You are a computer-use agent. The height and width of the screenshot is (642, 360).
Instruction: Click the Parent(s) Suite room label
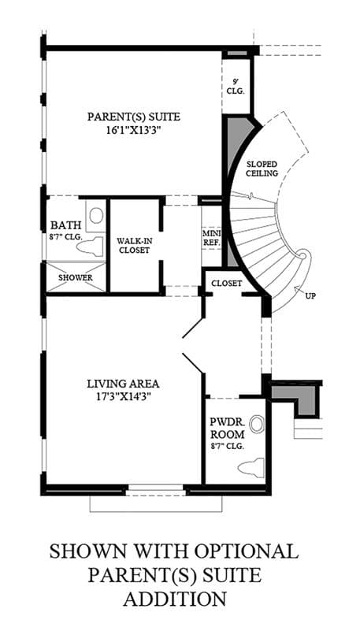point(133,117)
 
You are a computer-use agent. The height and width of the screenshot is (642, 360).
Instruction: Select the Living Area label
point(123,384)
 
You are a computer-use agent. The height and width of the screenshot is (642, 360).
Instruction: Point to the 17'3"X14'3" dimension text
point(123,396)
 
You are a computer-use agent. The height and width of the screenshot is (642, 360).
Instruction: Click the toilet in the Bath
point(90,247)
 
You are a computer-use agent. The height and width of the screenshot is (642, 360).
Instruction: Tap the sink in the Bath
point(96,216)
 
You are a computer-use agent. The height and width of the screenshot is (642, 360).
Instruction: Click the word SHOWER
point(76,277)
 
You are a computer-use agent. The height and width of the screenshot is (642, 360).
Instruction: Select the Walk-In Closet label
point(133,245)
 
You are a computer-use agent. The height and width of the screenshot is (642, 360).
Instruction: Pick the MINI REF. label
point(212,237)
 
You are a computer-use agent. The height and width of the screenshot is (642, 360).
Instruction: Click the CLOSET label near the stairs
point(227,283)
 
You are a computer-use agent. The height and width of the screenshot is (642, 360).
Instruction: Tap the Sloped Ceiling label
point(262,169)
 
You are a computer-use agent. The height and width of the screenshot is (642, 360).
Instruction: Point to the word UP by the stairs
point(311,296)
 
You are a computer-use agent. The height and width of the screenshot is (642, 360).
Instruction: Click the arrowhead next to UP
point(296,289)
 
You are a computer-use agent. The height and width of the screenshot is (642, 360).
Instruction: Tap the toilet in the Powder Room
point(252,468)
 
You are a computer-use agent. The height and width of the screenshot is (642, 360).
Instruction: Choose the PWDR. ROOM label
point(228,429)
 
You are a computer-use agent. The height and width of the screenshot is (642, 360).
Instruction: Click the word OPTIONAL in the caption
point(246,551)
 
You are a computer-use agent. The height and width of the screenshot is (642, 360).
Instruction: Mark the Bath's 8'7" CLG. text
point(67,236)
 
